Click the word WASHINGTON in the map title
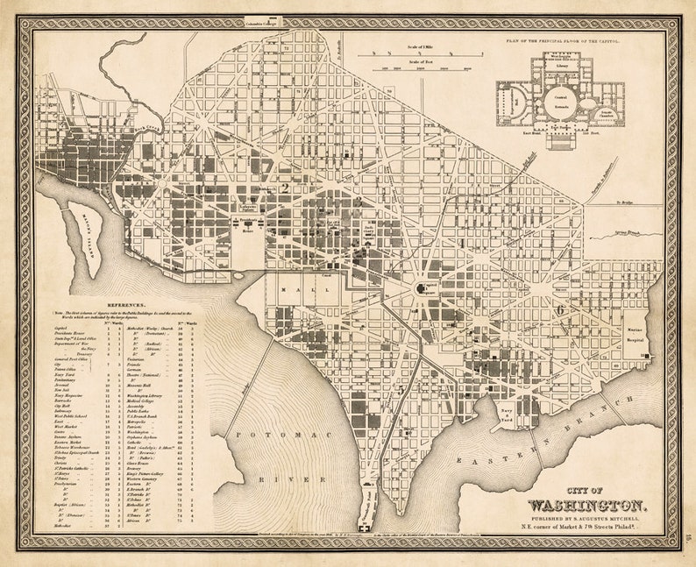(x=586, y=506)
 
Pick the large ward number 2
(x=284, y=187)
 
